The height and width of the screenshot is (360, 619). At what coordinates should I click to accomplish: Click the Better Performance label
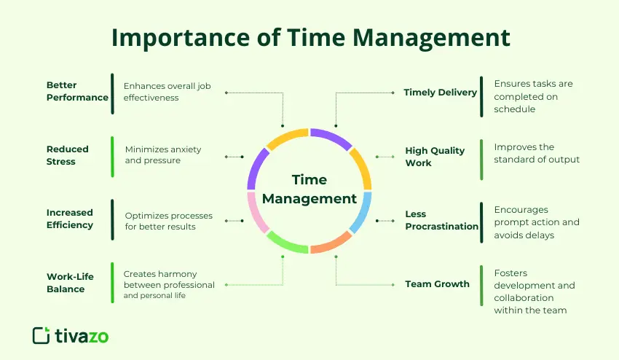click(77, 91)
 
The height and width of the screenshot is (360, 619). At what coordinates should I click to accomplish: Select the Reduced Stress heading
click(67, 154)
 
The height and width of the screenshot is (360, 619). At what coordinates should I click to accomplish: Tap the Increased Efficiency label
click(70, 219)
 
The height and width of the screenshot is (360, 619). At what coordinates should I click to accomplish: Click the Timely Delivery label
click(440, 93)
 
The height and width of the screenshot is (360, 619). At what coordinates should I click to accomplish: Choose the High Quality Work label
click(435, 157)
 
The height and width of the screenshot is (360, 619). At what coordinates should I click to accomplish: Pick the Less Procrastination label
click(441, 220)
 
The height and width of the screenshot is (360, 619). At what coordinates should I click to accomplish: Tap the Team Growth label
click(437, 284)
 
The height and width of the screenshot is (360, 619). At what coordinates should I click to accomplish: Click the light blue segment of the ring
click(362, 212)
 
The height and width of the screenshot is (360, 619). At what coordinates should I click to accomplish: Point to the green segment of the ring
click(287, 243)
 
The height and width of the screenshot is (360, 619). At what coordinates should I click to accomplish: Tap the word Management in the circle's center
click(309, 198)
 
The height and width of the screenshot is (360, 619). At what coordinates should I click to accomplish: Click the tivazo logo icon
click(42, 335)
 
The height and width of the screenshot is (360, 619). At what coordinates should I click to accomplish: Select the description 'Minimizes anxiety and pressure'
click(163, 154)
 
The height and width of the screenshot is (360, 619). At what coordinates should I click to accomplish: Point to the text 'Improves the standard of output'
click(537, 153)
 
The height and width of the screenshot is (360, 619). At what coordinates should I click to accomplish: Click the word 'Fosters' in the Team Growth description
click(510, 273)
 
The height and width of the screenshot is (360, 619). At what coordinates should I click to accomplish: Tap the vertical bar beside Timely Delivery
click(481, 95)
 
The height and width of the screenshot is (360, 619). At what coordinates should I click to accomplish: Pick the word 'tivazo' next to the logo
click(82, 336)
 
